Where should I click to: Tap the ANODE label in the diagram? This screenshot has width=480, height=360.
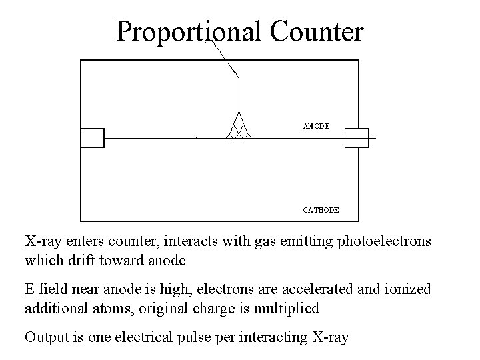click(316, 125)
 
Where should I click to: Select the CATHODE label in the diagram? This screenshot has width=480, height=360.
click(321, 209)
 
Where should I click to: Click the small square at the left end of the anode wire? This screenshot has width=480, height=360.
click(92, 137)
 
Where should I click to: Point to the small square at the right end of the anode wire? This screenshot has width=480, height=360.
click(357, 137)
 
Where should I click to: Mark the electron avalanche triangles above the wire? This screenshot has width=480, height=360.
click(239, 127)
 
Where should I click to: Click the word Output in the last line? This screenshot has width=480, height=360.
click(45, 337)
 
